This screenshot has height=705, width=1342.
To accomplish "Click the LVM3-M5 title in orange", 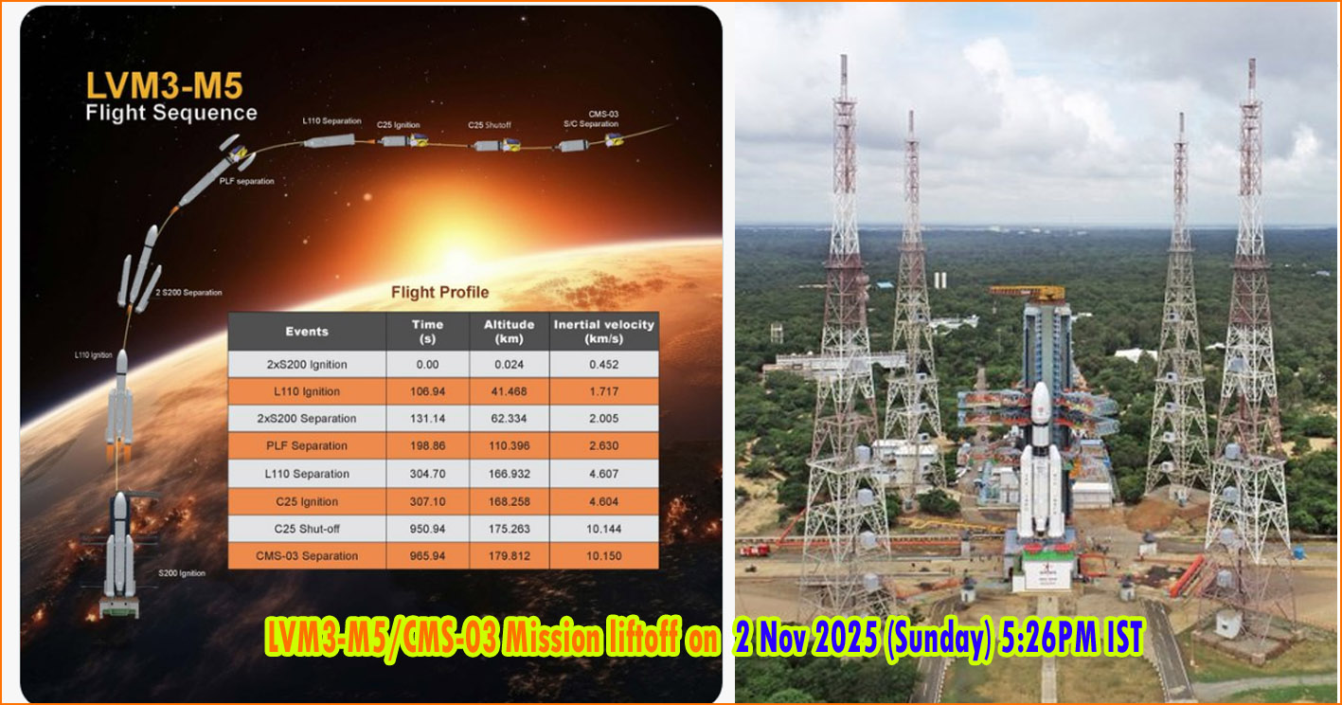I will [x=164, y=85].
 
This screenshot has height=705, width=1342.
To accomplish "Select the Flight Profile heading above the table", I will [x=440, y=292].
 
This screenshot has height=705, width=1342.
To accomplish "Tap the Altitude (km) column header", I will [x=510, y=331].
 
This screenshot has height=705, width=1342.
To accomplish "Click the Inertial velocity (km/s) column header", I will [x=603, y=331].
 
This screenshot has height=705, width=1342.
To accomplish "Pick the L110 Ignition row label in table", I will [x=307, y=391].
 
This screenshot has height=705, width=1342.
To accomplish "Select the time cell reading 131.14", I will [x=427, y=419].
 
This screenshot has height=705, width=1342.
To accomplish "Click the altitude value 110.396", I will [x=510, y=446].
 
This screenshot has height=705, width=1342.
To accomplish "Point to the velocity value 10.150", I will [x=603, y=555].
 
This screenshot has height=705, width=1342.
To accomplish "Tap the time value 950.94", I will [x=427, y=528].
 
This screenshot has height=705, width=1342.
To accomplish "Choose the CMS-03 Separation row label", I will [x=307, y=555].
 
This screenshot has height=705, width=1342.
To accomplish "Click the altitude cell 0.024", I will [x=510, y=365].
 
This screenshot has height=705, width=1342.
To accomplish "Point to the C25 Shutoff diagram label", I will [x=490, y=124].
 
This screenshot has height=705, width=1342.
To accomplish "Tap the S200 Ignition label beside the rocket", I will [x=180, y=573].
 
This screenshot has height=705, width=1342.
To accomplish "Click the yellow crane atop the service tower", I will [x=1028, y=292].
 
